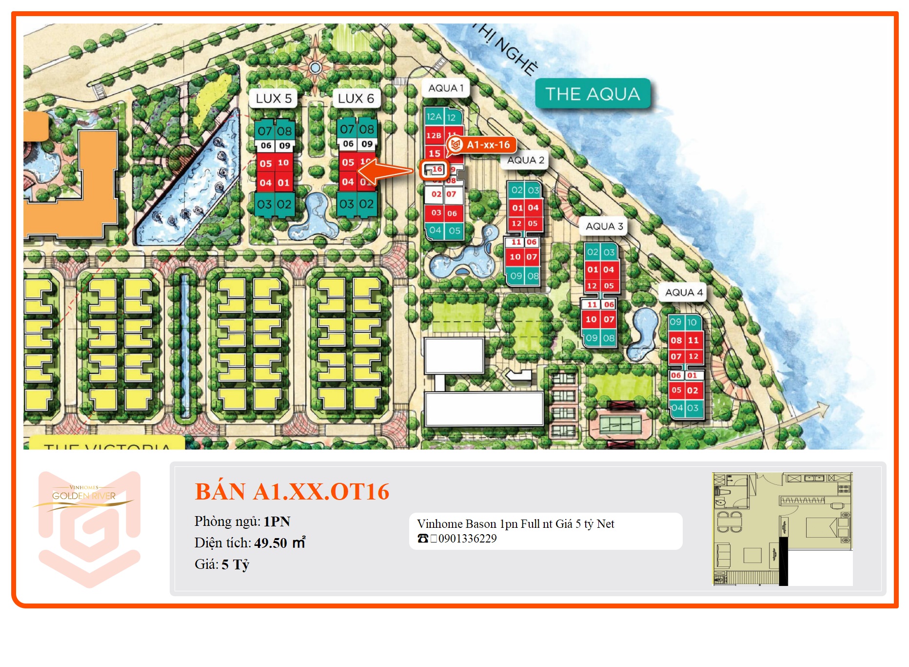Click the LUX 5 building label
(273, 98)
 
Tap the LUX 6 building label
(356, 98)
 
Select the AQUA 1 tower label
(445, 88)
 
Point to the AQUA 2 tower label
(525, 160)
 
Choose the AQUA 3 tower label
(604, 226)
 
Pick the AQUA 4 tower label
(684, 292)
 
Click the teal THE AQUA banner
(593, 94)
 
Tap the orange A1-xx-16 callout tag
(482, 145)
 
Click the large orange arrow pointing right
(385, 171)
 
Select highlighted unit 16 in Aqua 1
(435, 169)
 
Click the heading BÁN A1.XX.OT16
(292, 491)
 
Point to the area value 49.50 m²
(279, 543)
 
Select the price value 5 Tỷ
(235, 564)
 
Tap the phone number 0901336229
(467, 539)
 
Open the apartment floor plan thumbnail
(782, 529)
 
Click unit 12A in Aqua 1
(434, 117)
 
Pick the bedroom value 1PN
(277, 521)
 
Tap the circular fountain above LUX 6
(315, 67)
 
